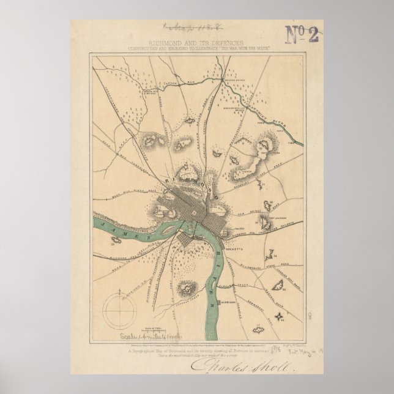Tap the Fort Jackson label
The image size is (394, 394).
pyautogui.click(x=273, y=215)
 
